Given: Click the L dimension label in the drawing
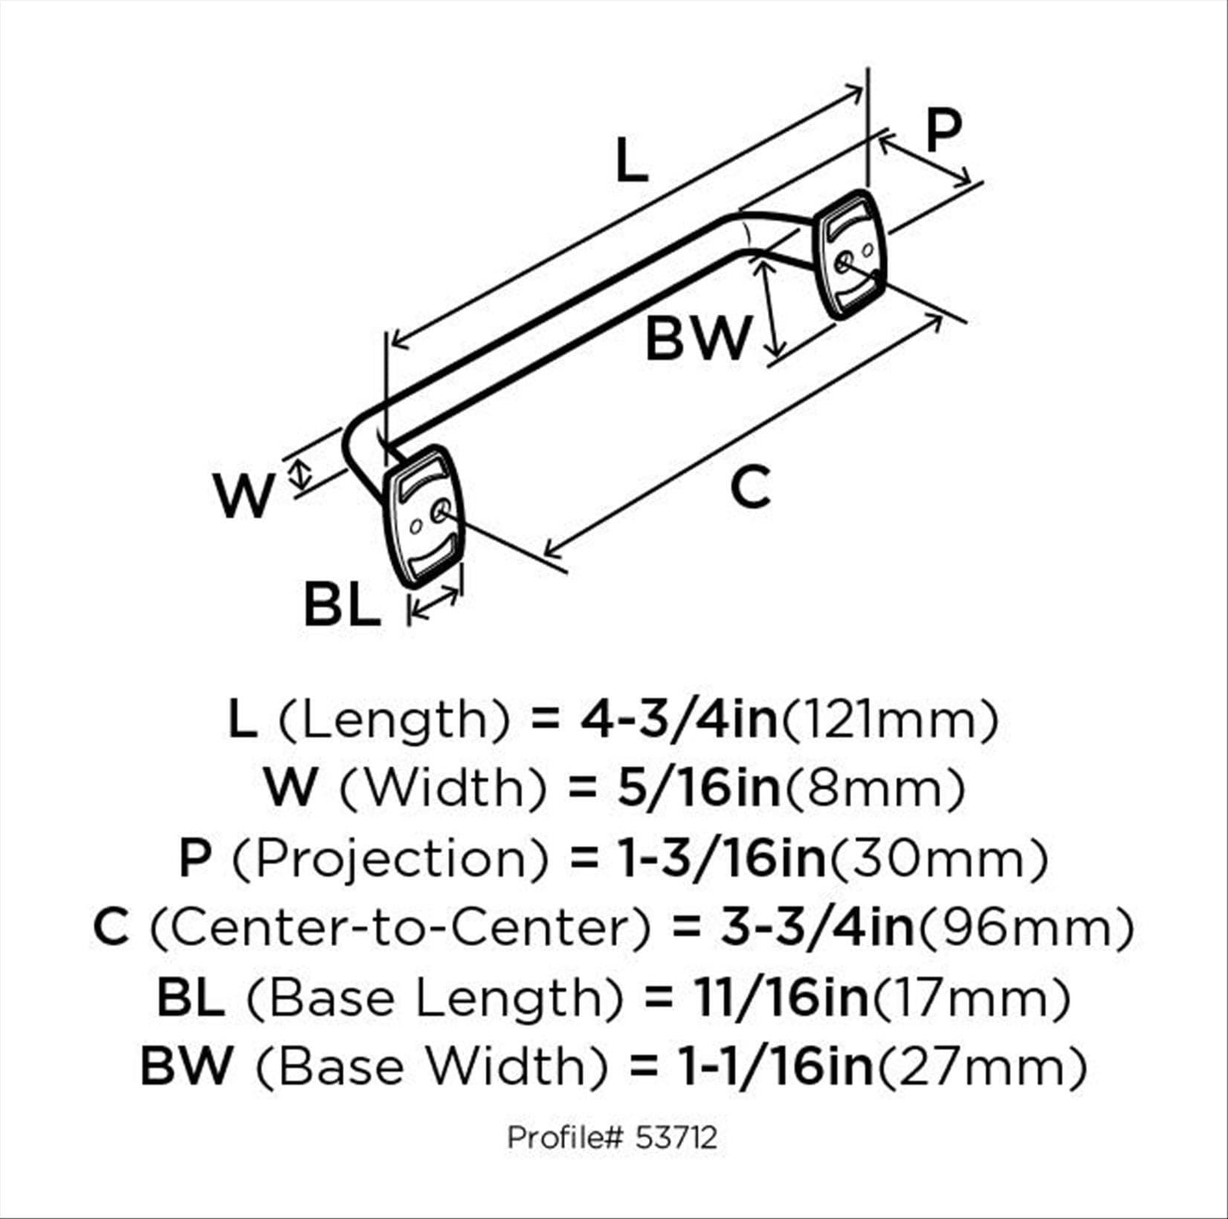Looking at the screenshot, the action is point(633,162).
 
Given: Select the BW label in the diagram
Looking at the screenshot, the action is point(699,337).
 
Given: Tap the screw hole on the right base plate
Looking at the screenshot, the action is point(843,262).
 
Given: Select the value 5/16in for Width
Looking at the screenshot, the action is point(698,788).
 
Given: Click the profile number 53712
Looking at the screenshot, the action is point(676,1137).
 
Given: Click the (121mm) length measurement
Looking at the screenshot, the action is point(891,720).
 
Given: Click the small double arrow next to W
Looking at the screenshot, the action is point(300,474).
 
